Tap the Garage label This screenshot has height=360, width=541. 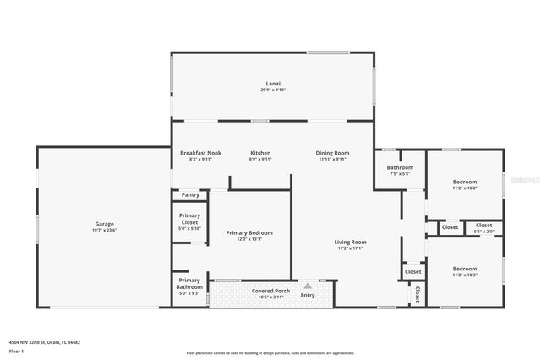[104, 224]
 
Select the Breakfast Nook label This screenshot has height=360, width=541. [200, 153]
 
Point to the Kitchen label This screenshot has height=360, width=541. [260, 153]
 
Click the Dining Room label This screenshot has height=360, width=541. [332, 153]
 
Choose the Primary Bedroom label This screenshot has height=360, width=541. [249, 232]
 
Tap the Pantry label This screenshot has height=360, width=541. [190, 194]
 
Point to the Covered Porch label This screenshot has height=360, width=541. [270, 291]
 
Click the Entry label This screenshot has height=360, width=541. [308, 295]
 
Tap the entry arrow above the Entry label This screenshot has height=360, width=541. [308, 286]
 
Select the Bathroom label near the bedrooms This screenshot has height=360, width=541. [400, 167]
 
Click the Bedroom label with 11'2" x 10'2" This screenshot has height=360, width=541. [464, 182]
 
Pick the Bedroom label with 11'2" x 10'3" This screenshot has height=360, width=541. [464, 269]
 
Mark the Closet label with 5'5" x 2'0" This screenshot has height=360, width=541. [484, 226]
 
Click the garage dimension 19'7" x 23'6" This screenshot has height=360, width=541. [104, 230]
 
